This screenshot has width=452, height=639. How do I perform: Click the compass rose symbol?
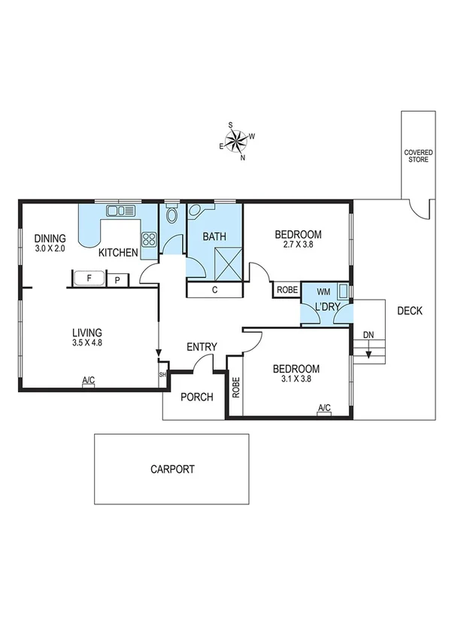click(236, 141)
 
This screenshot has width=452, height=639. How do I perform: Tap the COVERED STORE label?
click(418, 155)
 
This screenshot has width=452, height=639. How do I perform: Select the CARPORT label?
click(172, 469)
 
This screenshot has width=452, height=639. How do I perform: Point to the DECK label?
click(410, 310)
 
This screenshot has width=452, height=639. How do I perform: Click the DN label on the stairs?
click(368, 335)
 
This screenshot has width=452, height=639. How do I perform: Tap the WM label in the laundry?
click(323, 291)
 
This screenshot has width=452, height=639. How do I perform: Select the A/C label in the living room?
click(88, 380)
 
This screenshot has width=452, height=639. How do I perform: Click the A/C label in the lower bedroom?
click(324, 408)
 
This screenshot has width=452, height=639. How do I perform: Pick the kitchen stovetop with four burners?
click(149, 240)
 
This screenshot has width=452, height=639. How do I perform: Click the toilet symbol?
click(172, 216)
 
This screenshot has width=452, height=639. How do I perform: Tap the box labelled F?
click(89, 278)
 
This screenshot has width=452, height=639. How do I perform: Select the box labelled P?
click(117, 280)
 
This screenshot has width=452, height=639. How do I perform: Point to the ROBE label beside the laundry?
click(287, 290)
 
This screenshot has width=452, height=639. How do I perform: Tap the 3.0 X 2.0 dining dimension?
click(50, 248)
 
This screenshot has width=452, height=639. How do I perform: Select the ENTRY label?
click(202, 347)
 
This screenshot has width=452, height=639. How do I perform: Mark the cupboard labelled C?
click(214, 290)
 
